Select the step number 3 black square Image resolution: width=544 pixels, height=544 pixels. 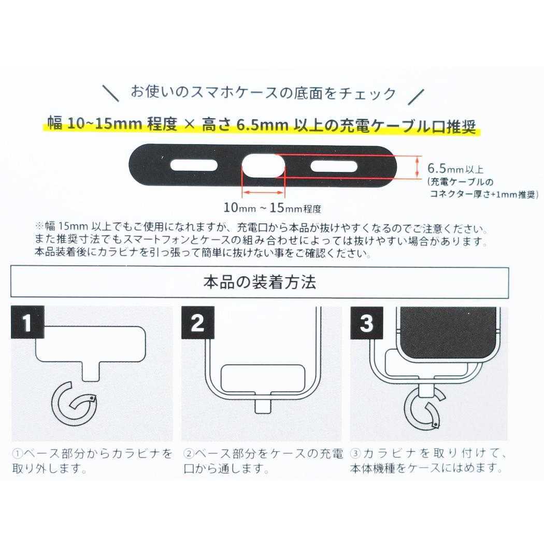click(366, 323)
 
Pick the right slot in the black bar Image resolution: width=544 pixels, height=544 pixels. click(334, 166)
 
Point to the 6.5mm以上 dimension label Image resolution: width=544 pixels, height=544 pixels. click(455, 168)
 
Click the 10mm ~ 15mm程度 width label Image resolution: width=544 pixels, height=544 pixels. click(273, 209)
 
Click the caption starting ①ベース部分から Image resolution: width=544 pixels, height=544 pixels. click(92, 461)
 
